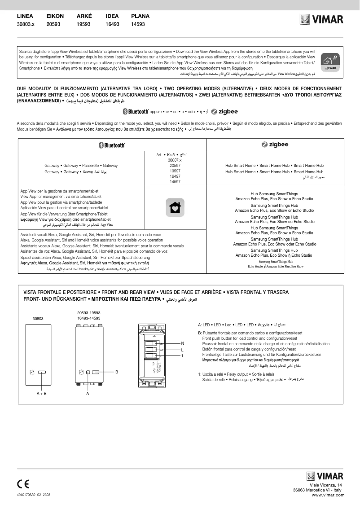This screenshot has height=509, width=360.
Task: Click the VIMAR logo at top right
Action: click(321, 20)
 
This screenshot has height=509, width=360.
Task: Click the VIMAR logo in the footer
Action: click(325, 476)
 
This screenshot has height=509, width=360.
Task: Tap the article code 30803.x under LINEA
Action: click(26, 25)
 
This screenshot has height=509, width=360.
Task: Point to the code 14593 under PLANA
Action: click(138, 25)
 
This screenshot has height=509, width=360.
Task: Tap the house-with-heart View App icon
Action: click(175, 207)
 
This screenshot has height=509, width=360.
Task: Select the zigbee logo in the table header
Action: click(275, 145)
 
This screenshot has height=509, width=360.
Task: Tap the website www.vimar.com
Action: click(327, 495)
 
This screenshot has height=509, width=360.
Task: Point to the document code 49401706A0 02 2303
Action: click(34, 494)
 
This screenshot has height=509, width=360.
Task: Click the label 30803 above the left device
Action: click(38, 318)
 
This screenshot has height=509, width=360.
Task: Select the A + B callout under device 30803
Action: click(41, 393)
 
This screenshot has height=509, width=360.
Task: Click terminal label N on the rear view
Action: click(182, 343)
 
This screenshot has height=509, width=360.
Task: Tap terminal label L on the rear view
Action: click(182, 350)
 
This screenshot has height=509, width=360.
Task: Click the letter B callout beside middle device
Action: click(116, 372)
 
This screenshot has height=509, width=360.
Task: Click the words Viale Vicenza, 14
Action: click(326, 486)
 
